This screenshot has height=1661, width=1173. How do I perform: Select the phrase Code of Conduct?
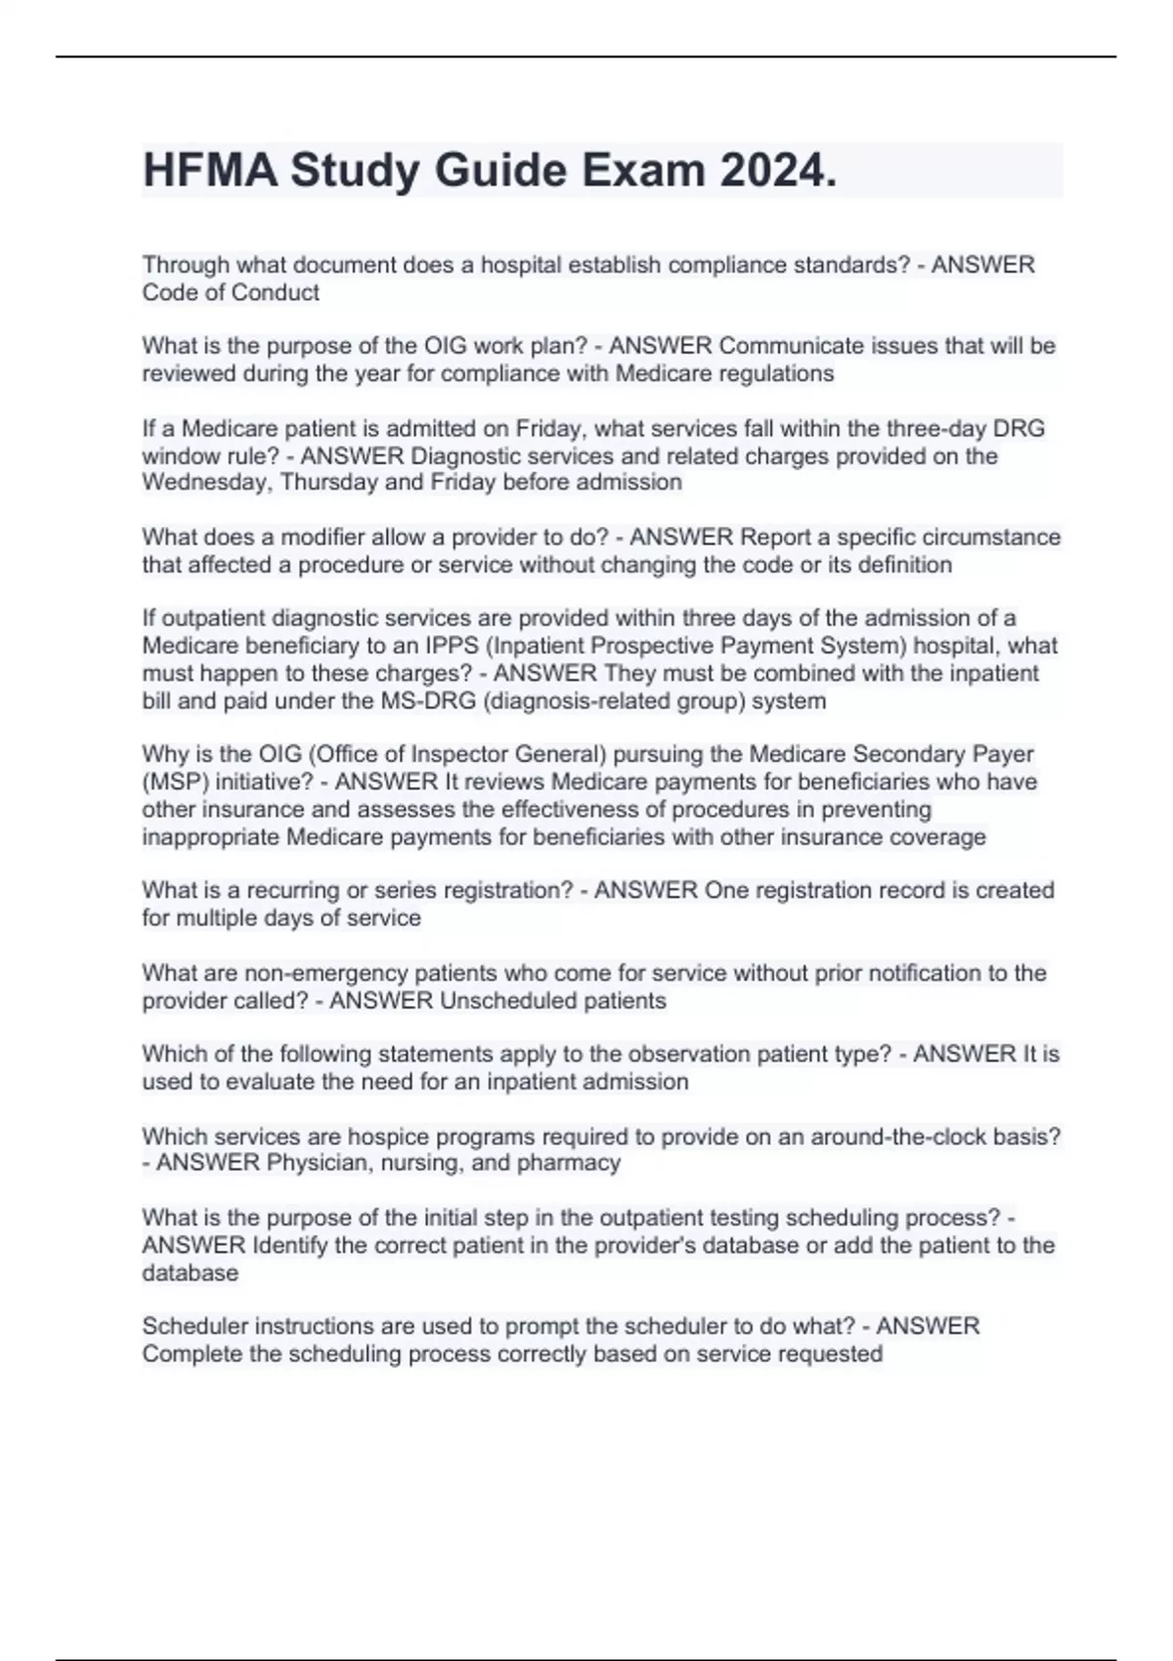coord(231,292)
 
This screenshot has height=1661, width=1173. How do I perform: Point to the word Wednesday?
coord(207,483)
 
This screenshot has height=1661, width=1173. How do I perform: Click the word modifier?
coord(320,537)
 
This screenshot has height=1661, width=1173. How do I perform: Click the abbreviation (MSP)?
coord(175,782)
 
